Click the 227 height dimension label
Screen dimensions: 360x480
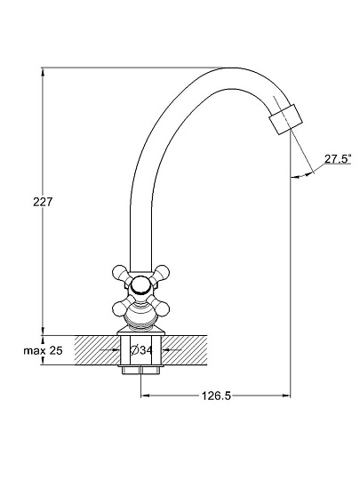[x=43, y=202]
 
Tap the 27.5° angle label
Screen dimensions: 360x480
[x=338, y=159]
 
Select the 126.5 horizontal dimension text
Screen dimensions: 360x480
[x=216, y=396]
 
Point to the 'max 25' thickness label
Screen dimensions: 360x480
[x=43, y=350]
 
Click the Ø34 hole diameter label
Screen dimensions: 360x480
[x=141, y=350]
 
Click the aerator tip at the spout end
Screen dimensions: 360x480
[x=285, y=119]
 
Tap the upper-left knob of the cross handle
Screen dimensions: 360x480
[x=120, y=273]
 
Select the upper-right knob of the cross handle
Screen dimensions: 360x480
[x=162, y=273]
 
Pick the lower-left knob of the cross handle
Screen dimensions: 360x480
[x=120, y=308]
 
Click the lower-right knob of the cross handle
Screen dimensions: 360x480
[x=162, y=308]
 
